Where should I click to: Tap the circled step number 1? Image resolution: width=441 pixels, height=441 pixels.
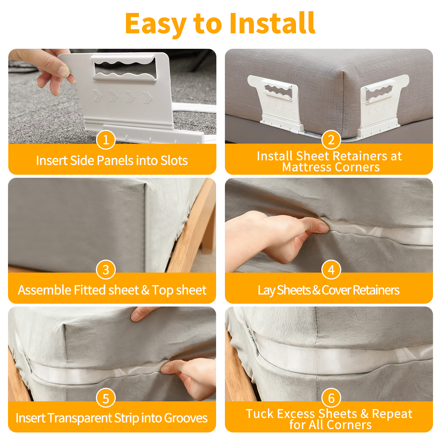coord(106,140)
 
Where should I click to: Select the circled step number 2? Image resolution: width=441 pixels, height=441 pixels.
coord(331,140)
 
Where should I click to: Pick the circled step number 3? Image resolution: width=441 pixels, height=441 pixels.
coord(106,270)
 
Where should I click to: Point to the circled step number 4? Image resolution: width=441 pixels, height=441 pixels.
coord(331,270)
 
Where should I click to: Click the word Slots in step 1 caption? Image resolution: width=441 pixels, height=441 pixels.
coord(174,160)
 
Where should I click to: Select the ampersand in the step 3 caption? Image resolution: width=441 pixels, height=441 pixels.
coord(145,290)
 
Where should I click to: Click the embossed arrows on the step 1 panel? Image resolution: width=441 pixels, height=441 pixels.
coord(123,96)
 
